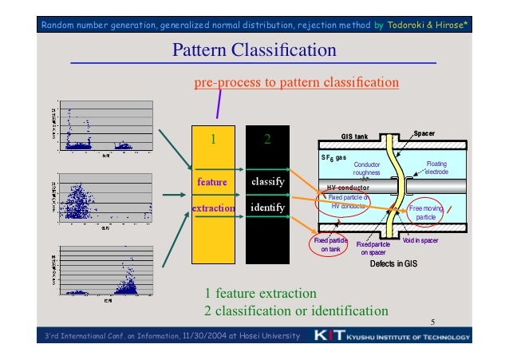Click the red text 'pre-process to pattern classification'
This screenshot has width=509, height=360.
tap(297, 82)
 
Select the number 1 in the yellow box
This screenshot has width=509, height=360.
tap(212, 140)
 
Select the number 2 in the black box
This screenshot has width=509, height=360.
tap(268, 140)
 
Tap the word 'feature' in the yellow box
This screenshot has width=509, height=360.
tap(212, 182)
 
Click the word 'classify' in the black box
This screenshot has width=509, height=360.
tap(268, 182)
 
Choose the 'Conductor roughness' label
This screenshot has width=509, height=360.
tap(367, 168)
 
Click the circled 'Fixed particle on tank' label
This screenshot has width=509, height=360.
tap(329, 244)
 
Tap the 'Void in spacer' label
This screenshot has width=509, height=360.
tap(420, 240)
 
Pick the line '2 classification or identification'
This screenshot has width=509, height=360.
tap(296, 310)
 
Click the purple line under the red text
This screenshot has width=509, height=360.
tap(218, 101)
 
